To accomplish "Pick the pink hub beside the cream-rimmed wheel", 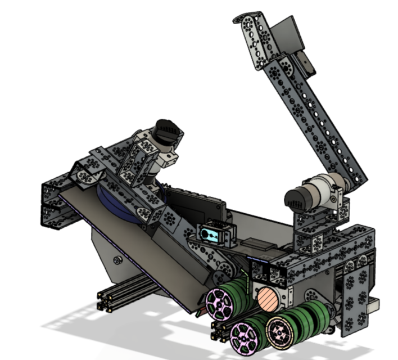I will click(x=244, y=335).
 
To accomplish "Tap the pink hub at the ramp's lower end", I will click(x=218, y=302).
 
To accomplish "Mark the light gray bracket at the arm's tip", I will click(x=306, y=65).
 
